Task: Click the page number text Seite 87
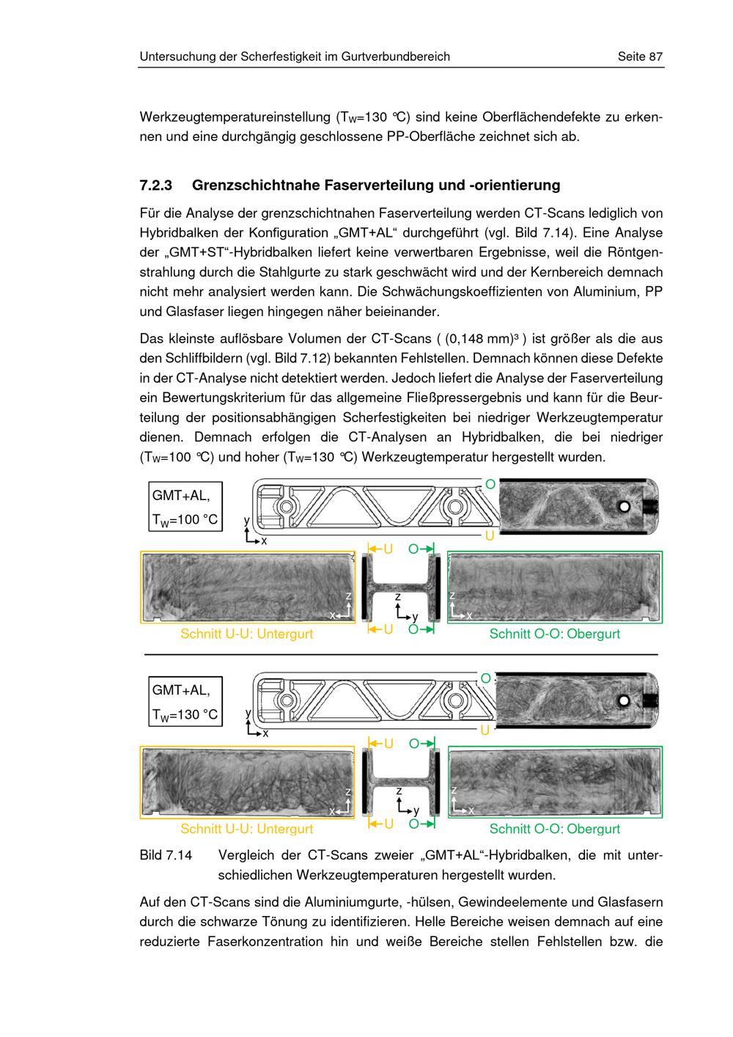tap(640, 56)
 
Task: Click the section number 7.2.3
tap(156, 185)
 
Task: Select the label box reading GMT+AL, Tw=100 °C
tap(185, 507)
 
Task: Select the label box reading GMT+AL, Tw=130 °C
tap(185, 701)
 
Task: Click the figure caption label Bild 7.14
tap(166, 855)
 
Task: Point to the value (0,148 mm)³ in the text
tap(486, 338)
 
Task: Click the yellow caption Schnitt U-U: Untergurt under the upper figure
tap(246, 634)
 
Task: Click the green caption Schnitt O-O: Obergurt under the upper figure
tap(554, 634)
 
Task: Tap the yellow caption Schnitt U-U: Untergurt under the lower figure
tap(246, 829)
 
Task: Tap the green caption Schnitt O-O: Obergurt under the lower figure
tap(554, 829)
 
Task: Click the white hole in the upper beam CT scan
tap(625, 507)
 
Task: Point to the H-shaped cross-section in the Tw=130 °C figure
tap(401, 783)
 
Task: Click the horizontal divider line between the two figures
tap(401, 655)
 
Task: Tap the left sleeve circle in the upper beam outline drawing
tap(286, 507)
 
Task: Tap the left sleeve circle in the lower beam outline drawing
tap(286, 700)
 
